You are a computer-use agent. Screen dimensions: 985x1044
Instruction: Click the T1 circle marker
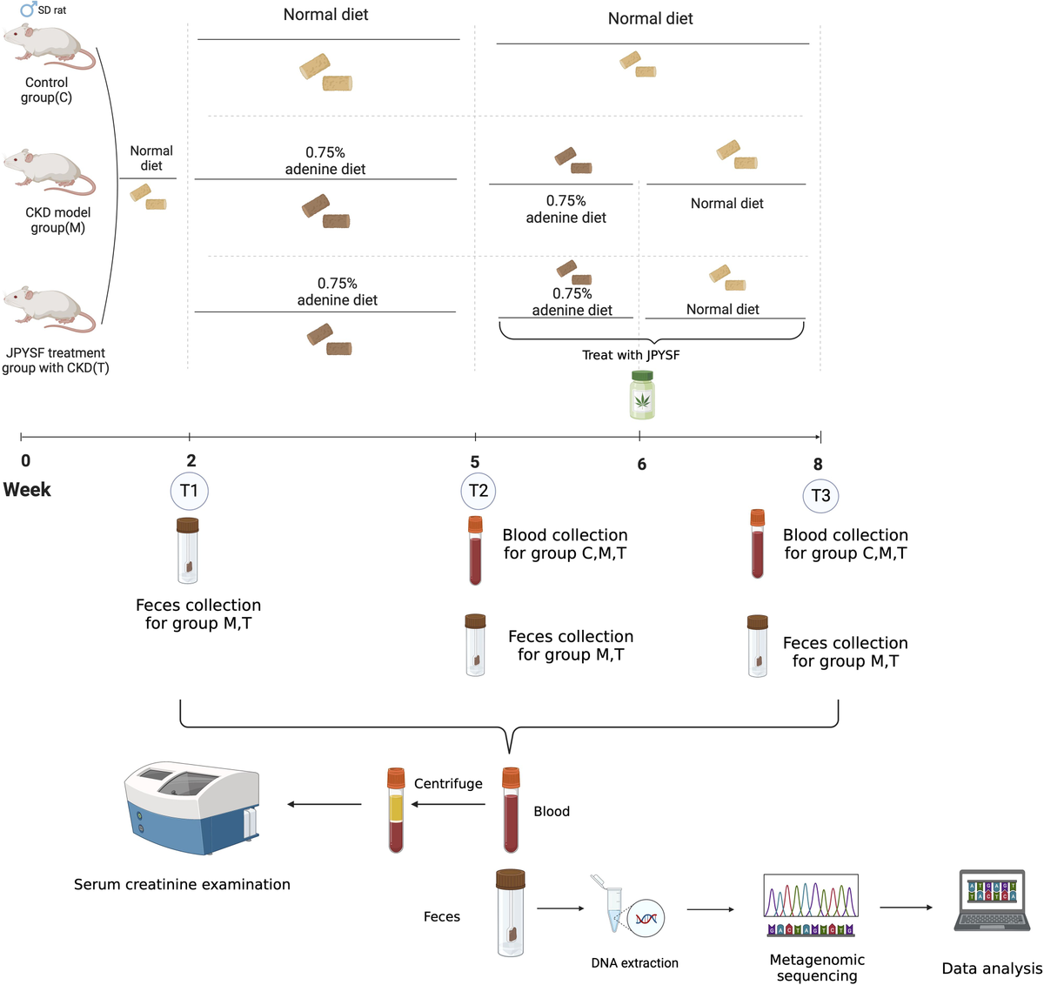pyautogui.click(x=189, y=491)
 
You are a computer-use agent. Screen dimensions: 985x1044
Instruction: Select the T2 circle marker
pyautogui.click(x=478, y=491)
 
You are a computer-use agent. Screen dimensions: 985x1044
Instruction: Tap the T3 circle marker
pyautogui.click(x=820, y=496)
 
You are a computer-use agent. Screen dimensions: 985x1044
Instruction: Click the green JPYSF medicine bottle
pyautogui.click(x=642, y=395)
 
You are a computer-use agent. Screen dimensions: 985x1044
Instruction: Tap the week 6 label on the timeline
pyautogui.click(x=642, y=464)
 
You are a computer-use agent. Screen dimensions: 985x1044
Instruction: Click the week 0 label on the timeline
pyautogui.click(x=26, y=461)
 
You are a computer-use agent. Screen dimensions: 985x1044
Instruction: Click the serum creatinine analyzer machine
pyautogui.click(x=192, y=809)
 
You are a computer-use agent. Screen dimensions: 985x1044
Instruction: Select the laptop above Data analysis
pyautogui.click(x=992, y=901)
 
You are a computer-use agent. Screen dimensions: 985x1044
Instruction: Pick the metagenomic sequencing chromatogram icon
pyautogui.click(x=811, y=905)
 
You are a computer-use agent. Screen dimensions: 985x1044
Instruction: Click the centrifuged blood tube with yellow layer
pyautogui.click(x=396, y=809)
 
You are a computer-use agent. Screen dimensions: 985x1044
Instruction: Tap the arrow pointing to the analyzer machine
pyautogui.click(x=324, y=804)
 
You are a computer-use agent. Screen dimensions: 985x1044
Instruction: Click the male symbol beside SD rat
pyautogui.click(x=28, y=10)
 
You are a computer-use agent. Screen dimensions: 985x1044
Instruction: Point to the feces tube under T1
pyautogui.click(x=188, y=550)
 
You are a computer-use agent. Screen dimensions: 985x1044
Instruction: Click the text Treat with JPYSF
pyautogui.click(x=631, y=355)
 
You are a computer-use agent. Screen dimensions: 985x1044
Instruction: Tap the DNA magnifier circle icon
pyautogui.click(x=646, y=918)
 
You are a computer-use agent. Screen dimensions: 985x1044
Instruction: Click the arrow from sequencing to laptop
pyautogui.click(x=906, y=908)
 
